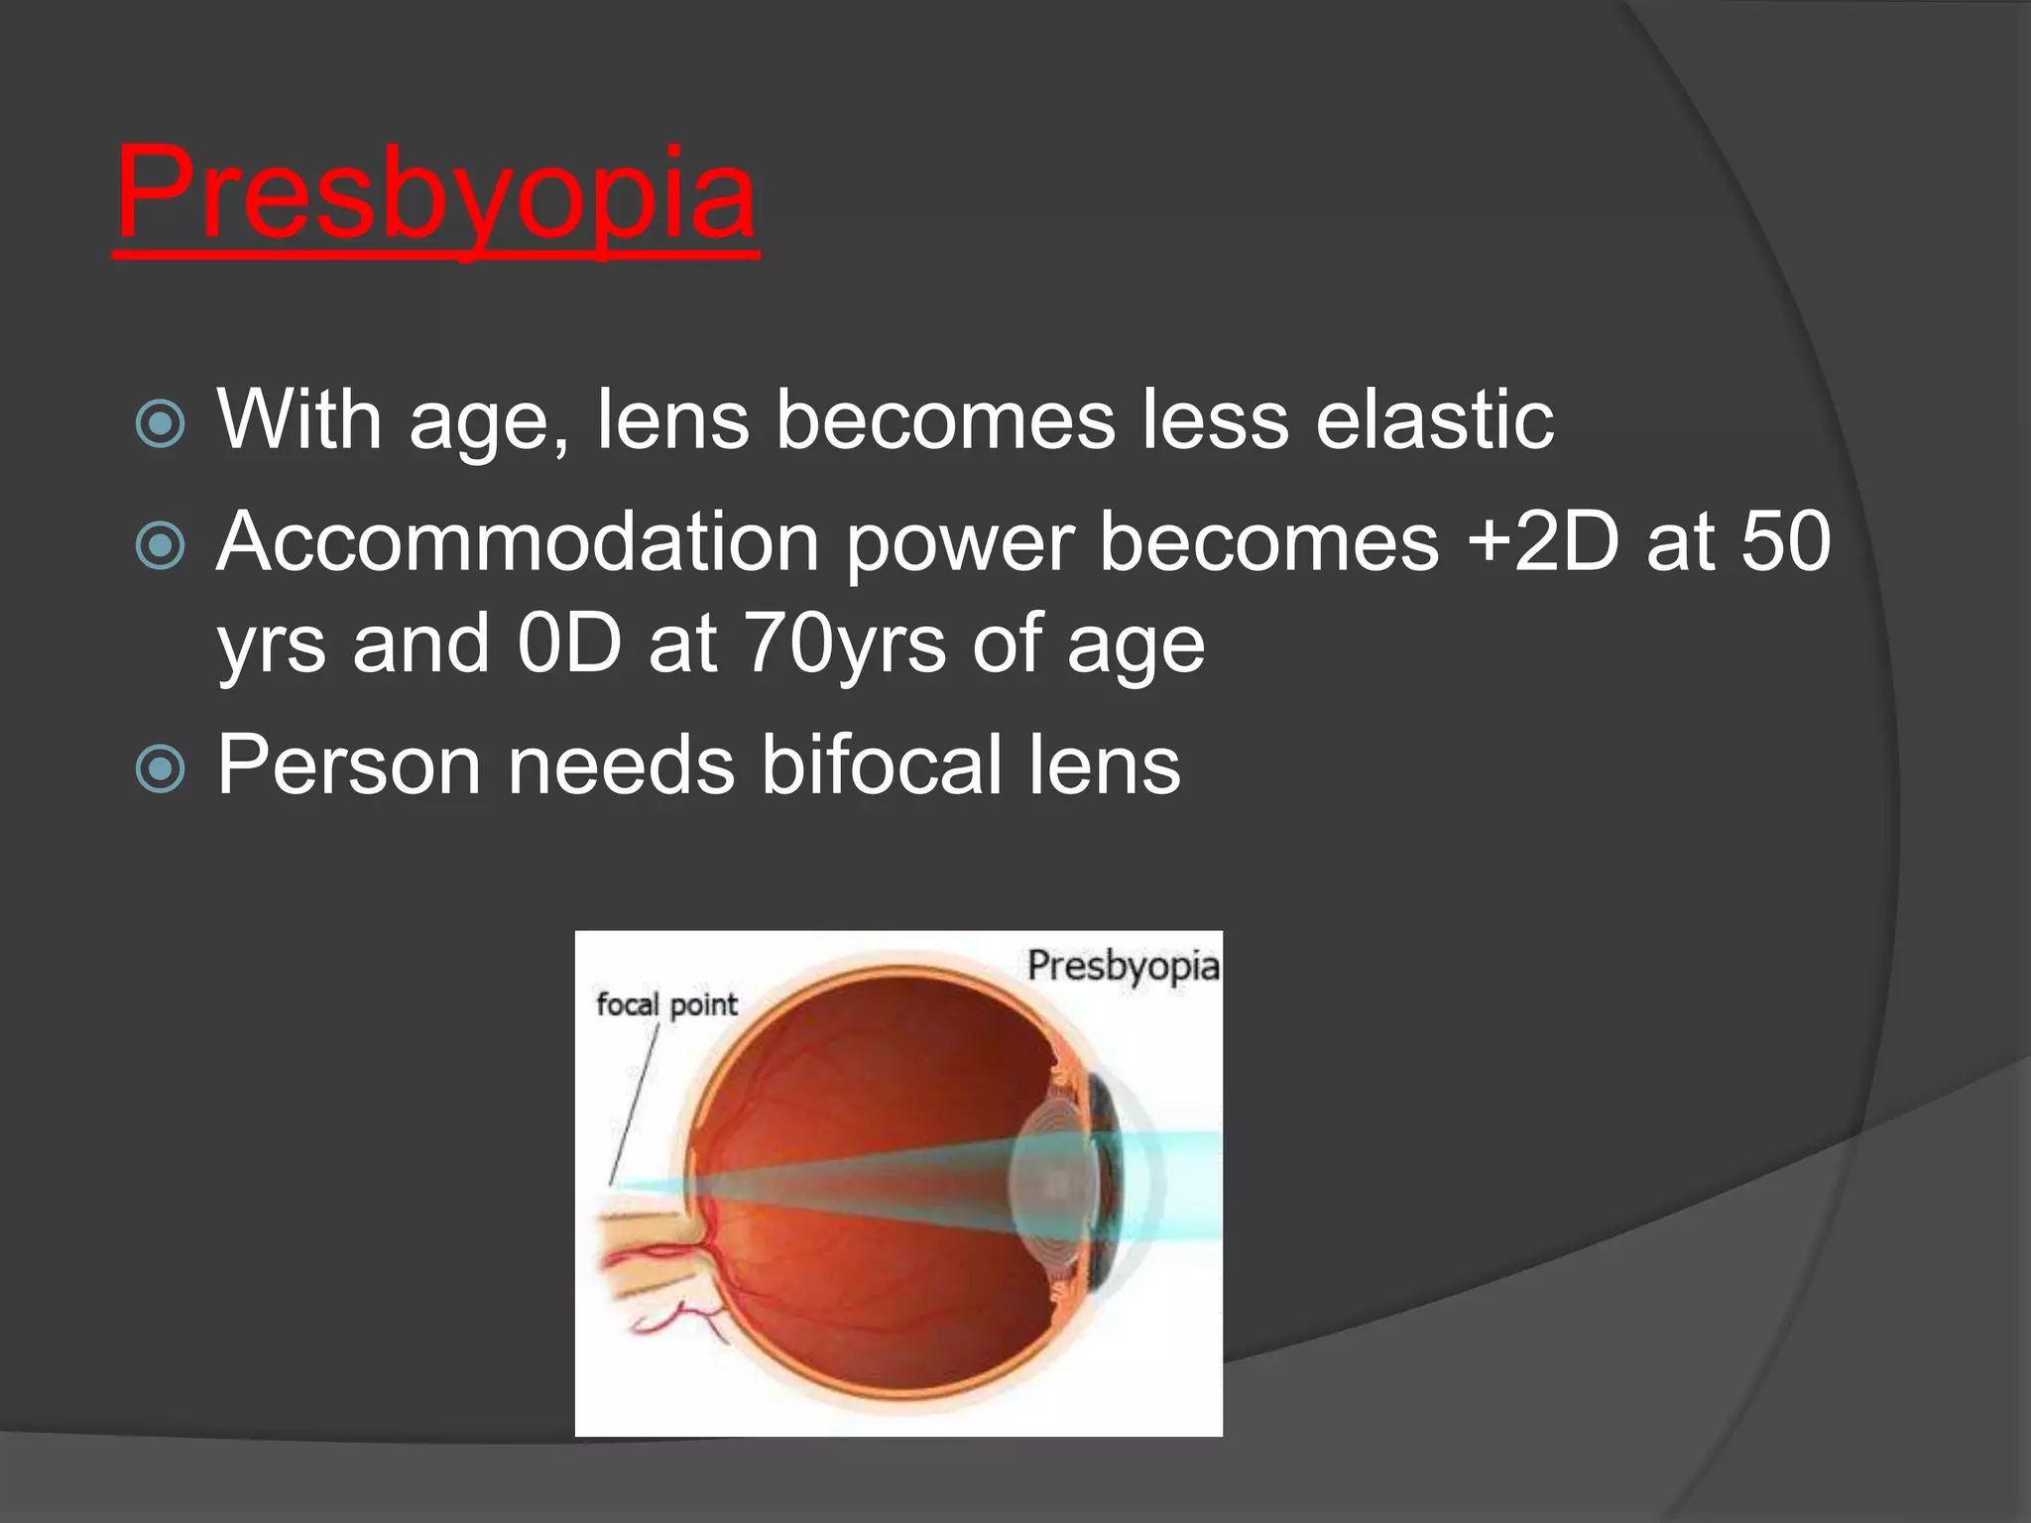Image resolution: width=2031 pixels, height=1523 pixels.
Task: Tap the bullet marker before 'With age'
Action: tap(160, 423)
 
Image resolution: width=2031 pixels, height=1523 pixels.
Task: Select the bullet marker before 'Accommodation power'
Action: tap(160, 545)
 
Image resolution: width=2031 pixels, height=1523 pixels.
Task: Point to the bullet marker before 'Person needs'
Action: tap(160, 768)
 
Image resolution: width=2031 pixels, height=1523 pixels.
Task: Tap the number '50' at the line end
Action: tap(1785, 542)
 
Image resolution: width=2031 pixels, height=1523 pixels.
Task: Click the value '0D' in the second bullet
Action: tap(569, 644)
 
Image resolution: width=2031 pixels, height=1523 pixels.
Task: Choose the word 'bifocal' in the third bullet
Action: tap(882, 765)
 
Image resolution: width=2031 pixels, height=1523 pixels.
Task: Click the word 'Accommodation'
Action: tap(518, 543)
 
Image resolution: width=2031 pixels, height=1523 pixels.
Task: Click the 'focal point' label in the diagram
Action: tap(666, 1004)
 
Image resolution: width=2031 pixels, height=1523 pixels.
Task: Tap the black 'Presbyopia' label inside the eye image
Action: tap(1123, 966)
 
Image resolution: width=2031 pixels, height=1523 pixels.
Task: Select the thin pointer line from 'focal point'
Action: tap(635, 1101)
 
